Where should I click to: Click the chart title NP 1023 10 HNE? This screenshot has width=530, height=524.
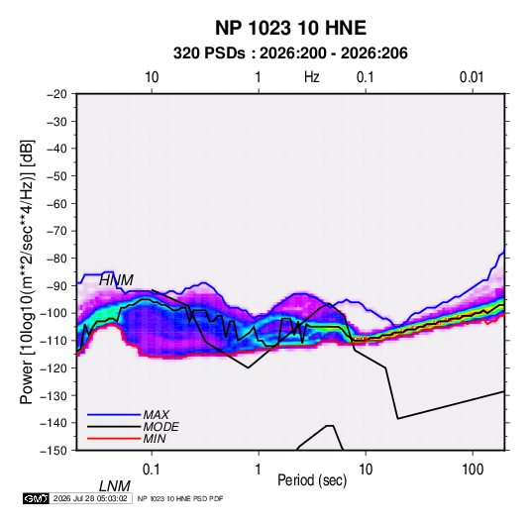coord(290,28)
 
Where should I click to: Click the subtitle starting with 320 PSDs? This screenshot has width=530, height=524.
coord(290,53)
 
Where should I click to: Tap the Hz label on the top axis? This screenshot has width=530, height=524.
coord(312,77)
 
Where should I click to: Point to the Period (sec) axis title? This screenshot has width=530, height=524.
coord(312,480)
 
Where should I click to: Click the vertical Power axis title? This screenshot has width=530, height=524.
coord(27,272)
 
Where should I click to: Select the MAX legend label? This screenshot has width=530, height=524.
coord(157,415)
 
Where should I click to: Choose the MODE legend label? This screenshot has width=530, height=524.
coord(160,427)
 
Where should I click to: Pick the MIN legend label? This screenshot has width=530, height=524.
coord(155,439)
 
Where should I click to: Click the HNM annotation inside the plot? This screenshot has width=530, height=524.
coord(116,280)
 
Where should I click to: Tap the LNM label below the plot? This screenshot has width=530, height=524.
coord(115,486)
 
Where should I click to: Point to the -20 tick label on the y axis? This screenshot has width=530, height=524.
coord(56,94)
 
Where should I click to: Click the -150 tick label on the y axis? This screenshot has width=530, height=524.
coord(53,451)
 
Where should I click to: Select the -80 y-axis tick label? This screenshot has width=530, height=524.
coord(56,259)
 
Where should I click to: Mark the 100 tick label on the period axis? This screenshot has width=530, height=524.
coord(473,470)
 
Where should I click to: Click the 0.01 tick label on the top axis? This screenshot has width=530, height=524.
coord(472,77)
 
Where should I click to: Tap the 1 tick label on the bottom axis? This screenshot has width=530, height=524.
coord(259,470)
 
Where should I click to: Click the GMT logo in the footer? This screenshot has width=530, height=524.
coord(37,498)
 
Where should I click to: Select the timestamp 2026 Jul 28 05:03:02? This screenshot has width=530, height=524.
coord(90,498)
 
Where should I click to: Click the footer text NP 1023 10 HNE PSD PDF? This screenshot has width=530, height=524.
coord(180,498)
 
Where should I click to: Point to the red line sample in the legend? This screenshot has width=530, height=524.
coord(114,439)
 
